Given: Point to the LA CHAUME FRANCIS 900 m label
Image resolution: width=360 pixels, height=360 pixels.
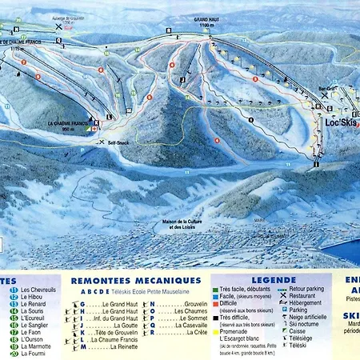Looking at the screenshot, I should pyautogui.click(x=68, y=125).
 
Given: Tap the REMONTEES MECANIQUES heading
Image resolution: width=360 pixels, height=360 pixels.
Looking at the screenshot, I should pyautogui.click(x=135, y=280).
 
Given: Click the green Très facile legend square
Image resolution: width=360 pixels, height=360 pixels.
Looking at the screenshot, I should pyautogui.click(x=215, y=289).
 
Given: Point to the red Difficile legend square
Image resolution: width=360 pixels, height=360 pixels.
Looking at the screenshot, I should pyautogui.click(x=215, y=304).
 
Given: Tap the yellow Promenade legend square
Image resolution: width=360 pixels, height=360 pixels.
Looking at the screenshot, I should pyautogui.click(x=215, y=333).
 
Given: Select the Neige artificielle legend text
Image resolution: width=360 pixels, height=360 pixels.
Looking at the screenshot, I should pyautogui.click(x=312, y=318).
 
